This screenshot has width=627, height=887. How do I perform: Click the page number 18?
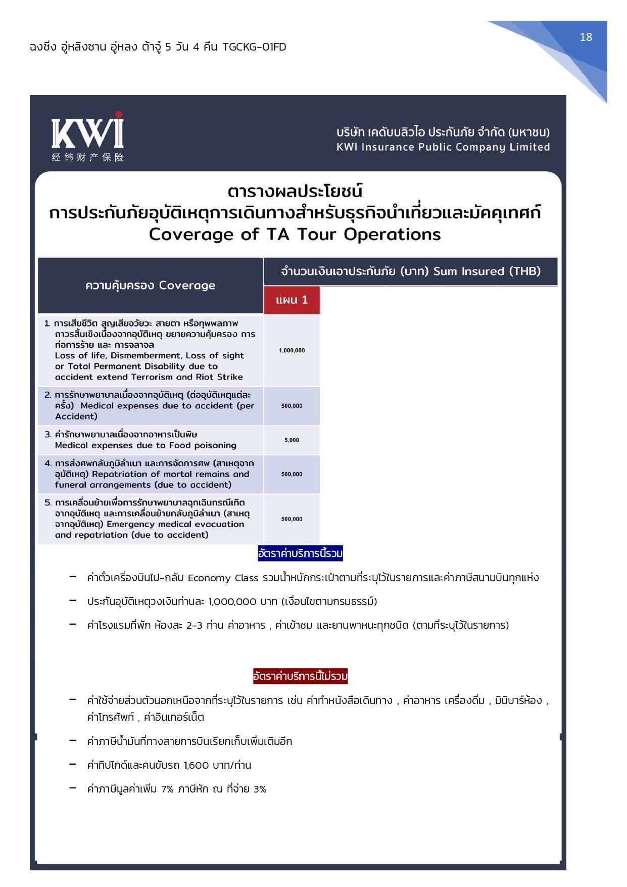(586, 37)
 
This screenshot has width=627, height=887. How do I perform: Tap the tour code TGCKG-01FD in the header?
(254, 47)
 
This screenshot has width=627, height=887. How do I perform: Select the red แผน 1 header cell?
(292, 300)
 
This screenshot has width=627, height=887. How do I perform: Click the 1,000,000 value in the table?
(292, 350)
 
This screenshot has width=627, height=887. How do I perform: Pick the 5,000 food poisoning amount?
(292, 440)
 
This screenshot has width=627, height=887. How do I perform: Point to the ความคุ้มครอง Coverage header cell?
(150, 286)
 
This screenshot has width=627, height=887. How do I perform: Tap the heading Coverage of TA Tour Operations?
(295, 235)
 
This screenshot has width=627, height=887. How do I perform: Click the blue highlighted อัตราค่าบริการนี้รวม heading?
(300, 554)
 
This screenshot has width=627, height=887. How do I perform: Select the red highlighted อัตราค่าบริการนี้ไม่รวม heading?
(300, 676)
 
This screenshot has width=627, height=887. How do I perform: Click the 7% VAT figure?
(167, 789)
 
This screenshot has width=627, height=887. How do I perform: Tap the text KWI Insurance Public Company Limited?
(443, 147)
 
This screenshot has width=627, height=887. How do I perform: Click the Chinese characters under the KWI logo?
(87, 157)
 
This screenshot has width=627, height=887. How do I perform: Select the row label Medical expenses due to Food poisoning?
(146, 445)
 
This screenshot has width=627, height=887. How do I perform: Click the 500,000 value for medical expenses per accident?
(292, 406)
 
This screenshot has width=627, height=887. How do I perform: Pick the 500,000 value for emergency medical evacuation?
(292, 519)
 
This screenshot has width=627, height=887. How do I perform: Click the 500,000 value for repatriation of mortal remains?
(292, 474)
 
